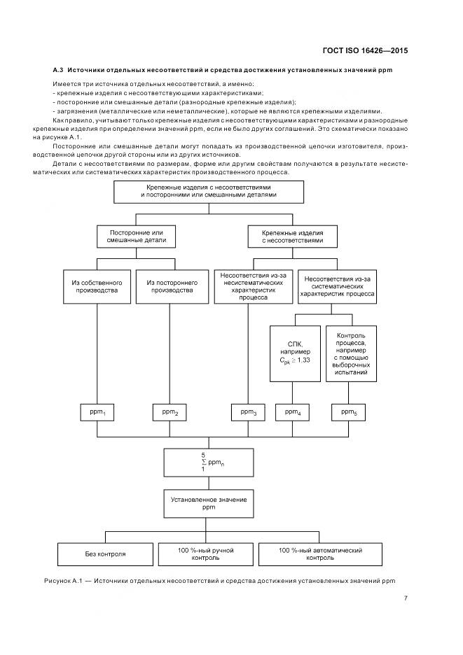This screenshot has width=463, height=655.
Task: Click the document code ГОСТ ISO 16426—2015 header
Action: point(364,50)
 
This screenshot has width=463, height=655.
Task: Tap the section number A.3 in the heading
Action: point(59,71)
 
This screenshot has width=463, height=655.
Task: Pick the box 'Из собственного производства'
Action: point(97,286)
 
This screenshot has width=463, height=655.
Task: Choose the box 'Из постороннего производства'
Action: point(171,286)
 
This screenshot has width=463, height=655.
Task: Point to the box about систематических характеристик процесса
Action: point(338,286)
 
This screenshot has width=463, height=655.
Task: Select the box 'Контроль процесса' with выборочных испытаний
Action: point(351,353)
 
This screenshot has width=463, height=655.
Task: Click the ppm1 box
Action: point(97,413)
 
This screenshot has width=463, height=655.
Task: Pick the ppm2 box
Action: point(170,413)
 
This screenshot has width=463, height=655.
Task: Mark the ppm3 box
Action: point(249,413)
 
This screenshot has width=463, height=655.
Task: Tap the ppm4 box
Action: point(293,413)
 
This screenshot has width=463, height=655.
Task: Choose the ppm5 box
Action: point(349,413)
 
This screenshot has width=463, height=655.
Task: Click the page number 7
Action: point(406,598)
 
